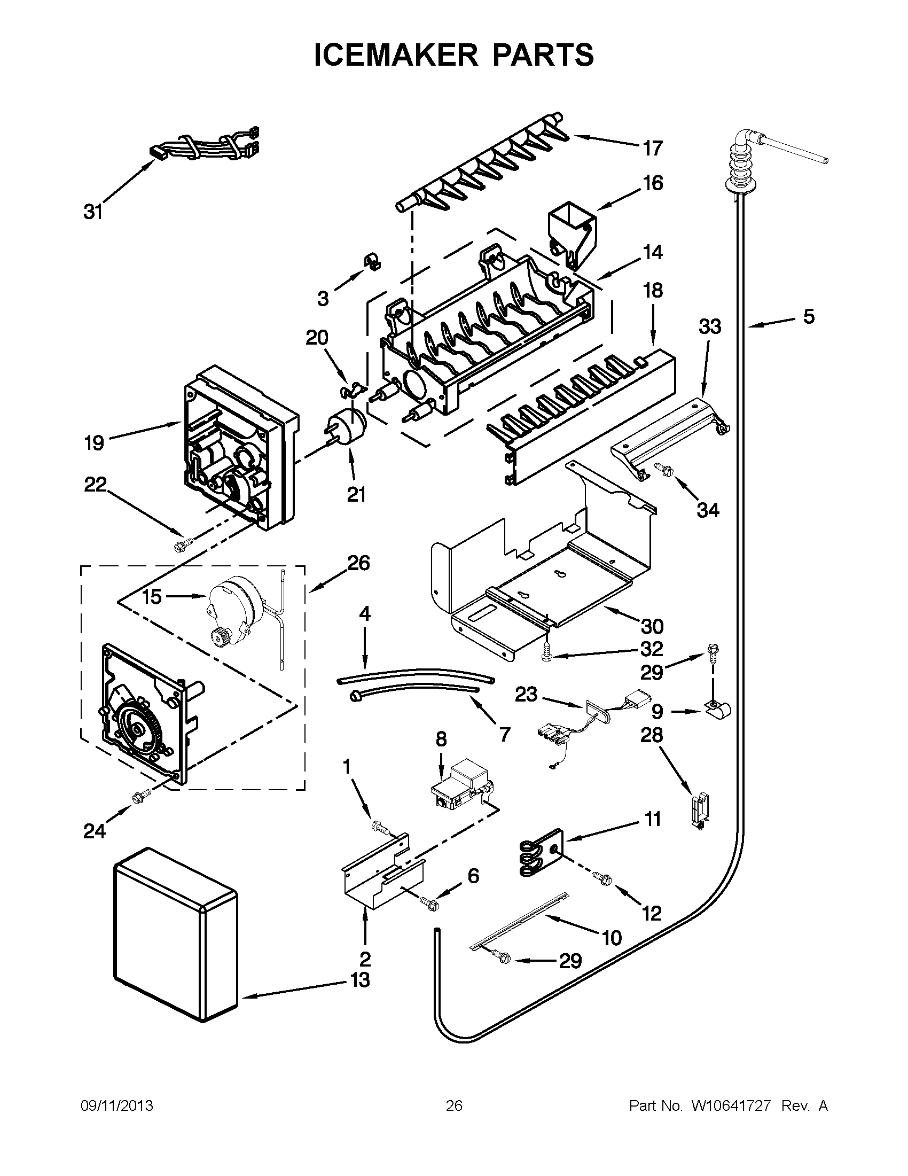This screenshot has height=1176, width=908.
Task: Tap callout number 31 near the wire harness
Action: pos(93,212)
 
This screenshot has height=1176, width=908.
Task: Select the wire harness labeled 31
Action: pos(205,146)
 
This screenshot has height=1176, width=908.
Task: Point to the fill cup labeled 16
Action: pos(572,233)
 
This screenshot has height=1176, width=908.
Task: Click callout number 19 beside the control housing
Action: pos(94,443)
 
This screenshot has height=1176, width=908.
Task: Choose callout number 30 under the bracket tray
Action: pos(652,626)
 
